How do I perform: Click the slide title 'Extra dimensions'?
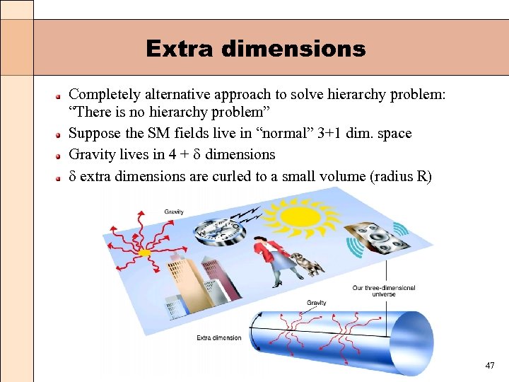tap(255, 49)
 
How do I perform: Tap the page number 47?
tap(490, 366)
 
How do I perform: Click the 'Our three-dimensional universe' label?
tap(384, 291)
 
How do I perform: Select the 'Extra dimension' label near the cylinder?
tap(218, 337)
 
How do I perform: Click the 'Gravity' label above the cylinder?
tap(317, 303)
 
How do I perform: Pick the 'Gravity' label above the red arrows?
tap(174, 212)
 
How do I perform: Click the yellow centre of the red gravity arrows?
tap(145, 252)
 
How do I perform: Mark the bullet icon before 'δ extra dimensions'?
tap(61, 177)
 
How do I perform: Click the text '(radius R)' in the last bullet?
tap(400, 176)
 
